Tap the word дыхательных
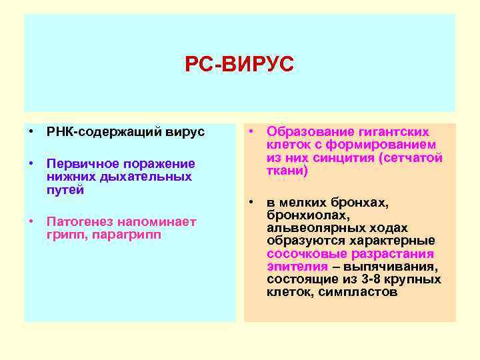pos(155,177)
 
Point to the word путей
pos(65,190)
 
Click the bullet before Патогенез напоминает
pos(31,221)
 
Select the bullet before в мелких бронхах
pos(252,203)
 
